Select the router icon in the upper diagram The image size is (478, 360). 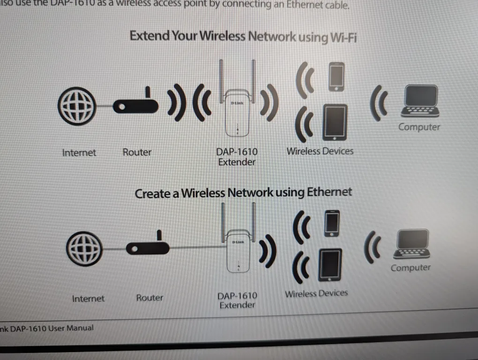(x=136, y=105)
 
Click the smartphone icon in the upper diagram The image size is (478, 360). (x=336, y=76)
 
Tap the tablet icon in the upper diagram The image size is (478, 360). (x=335, y=122)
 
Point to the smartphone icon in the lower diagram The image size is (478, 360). (x=332, y=224)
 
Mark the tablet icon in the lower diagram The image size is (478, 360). (x=330, y=265)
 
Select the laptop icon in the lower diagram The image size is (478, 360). (x=412, y=244)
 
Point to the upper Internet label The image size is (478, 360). (x=79, y=153)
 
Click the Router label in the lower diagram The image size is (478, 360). (x=149, y=298)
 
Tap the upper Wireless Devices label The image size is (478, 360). (x=320, y=151)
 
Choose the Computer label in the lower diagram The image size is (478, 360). (x=411, y=268)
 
